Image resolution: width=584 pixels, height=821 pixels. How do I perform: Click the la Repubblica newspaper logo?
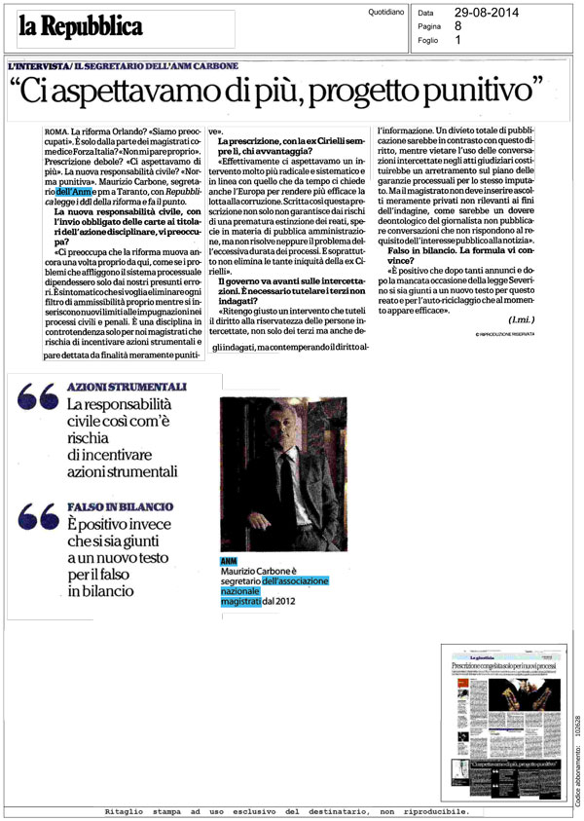pos(80,26)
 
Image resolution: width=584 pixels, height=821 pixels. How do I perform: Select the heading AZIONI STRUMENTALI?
pos(127,387)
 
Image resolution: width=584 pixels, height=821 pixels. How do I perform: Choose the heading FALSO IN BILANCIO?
pos(121,507)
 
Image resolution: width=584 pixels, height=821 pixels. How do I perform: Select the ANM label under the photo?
pos(229,560)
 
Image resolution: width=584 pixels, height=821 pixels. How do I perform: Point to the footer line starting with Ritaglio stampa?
pos(285,811)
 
